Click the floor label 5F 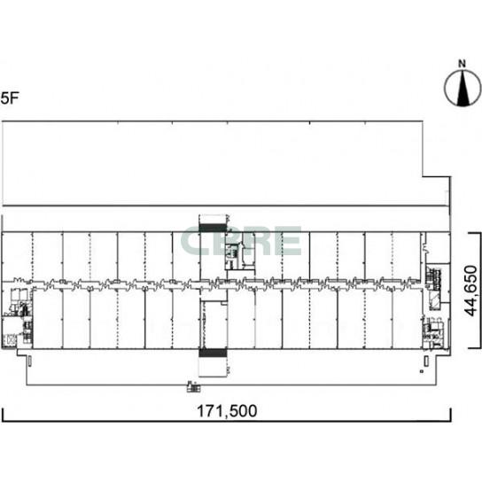click(x=10, y=98)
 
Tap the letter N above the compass click(x=462, y=64)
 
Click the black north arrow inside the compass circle click(x=463, y=89)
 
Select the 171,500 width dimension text click(x=227, y=411)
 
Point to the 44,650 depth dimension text click(x=471, y=291)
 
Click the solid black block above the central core click(x=213, y=228)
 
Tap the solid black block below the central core click(x=213, y=353)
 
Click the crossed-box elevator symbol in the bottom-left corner click(x=10, y=340)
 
